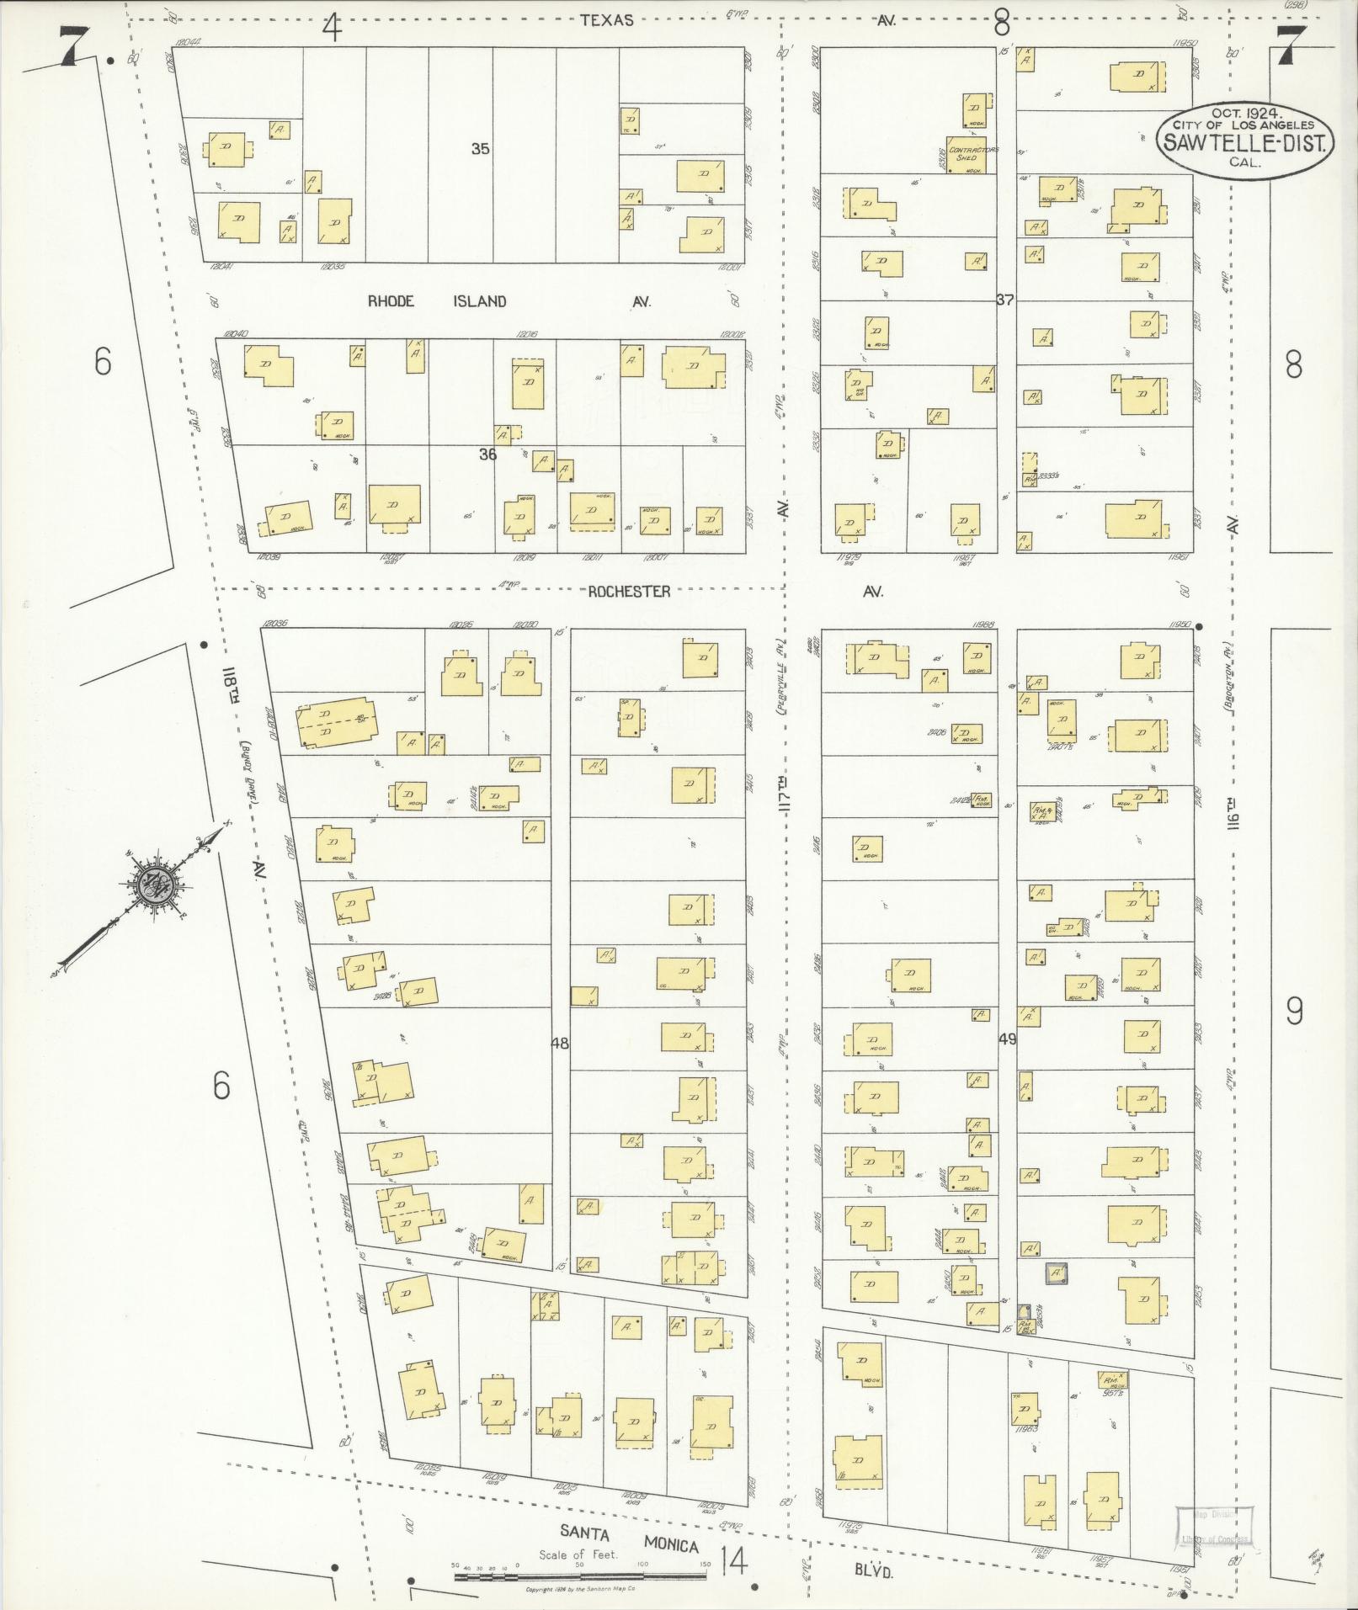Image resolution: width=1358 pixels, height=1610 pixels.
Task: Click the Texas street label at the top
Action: click(x=606, y=20)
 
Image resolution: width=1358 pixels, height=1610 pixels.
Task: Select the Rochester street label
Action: click(x=629, y=592)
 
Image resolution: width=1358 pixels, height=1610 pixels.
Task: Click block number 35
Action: click(x=480, y=149)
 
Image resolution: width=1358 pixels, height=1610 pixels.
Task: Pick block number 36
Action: click(x=487, y=454)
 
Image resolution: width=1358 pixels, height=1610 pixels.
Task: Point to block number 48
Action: click(x=559, y=1044)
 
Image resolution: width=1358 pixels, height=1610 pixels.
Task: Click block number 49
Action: click(x=1007, y=1039)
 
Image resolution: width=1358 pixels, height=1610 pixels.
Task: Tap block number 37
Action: click(x=1004, y=300)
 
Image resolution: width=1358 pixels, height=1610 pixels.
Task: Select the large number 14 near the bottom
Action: click(x=733, y=1562)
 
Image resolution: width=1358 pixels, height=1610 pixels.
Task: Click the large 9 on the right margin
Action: click(x=1295, y=1011)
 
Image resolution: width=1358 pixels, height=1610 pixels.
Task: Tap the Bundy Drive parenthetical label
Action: click(x=249, y=771)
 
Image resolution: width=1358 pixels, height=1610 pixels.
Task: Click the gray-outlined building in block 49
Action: click(x=1056, y=1273)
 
